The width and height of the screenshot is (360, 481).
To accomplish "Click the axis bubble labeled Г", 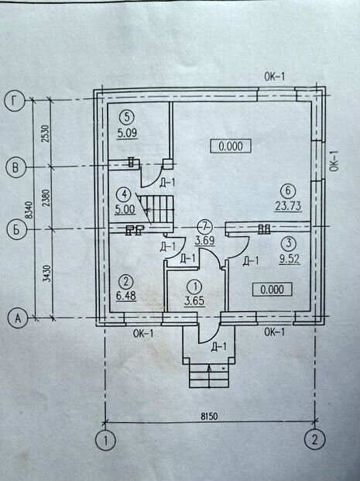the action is point(15,101).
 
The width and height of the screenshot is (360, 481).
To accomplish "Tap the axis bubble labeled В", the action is point(15,167).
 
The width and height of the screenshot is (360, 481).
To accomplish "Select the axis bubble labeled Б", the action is point(16,230).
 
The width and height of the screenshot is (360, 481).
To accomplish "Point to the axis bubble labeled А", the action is point(18,318).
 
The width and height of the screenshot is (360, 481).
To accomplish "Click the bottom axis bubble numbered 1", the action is point(105,441).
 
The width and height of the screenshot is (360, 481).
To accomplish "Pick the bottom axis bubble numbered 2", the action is point(314,440).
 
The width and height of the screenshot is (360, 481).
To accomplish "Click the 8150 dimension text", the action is point(209,416).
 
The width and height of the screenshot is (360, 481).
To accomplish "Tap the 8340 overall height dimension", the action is point(29,210).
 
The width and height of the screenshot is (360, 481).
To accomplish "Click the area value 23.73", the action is point(288,206).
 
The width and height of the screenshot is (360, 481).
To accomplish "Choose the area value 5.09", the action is point(127,133).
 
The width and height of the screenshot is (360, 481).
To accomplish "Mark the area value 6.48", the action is point(126,296).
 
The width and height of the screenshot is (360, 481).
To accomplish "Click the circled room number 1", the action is point(195,287).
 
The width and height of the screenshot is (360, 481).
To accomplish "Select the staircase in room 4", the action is point(156,209).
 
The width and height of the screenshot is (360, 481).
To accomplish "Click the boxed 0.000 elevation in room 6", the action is point(231,146).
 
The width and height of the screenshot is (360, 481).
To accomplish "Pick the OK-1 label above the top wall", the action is point(274,77).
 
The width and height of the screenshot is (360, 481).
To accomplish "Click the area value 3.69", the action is point(205,240).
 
